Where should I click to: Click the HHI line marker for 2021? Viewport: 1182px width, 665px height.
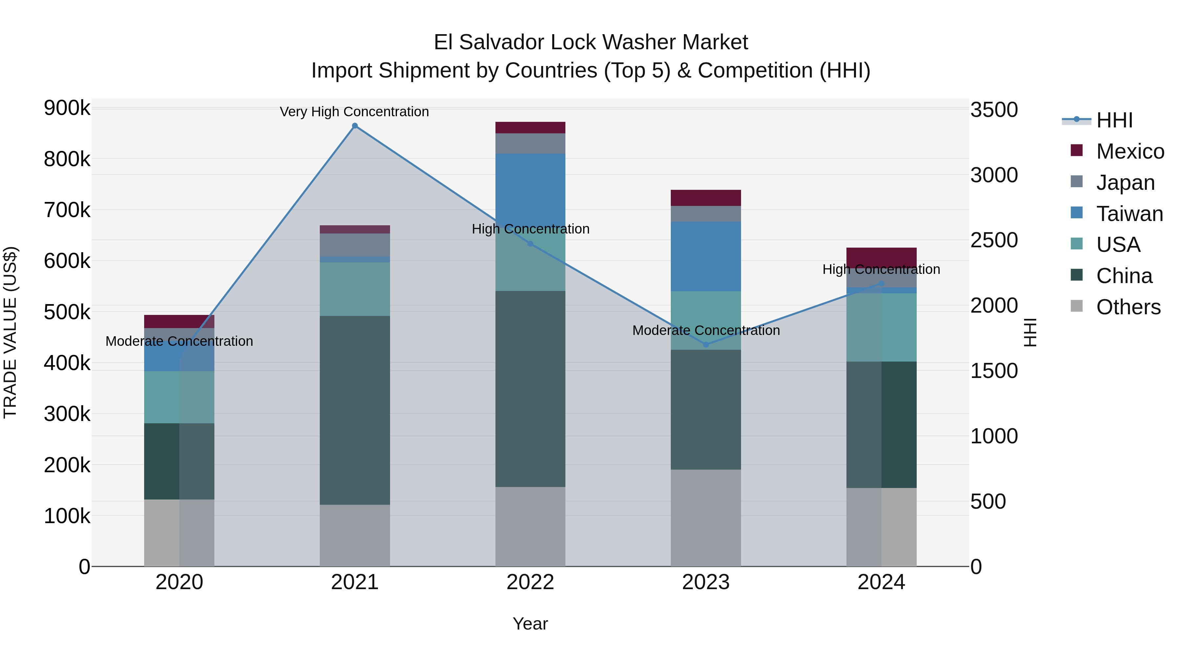pos(355,126)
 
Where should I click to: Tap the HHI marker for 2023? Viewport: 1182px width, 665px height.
pos(706,345)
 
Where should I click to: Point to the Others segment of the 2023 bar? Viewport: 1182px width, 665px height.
pos(706,517)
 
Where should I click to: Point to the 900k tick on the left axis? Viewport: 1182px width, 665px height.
pos(67,108)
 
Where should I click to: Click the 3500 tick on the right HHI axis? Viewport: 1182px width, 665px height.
pos(994,110)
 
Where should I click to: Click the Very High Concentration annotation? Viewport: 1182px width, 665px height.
pos(354,112)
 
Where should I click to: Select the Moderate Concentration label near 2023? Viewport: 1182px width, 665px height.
pos(706,330)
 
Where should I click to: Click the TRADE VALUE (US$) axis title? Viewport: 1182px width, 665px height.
pos(10,332)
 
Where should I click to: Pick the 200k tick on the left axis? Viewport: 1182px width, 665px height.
pos(67,465)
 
